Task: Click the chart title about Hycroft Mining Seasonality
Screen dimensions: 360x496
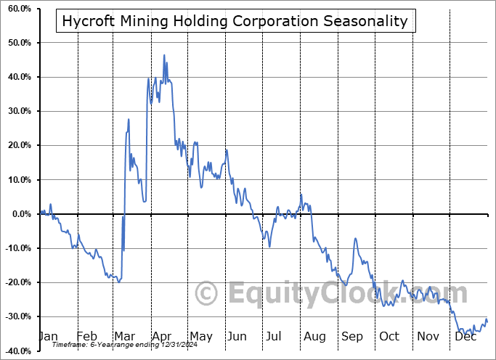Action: click(x=235, y=21)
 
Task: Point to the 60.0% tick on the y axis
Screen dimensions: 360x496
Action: click(x=17, y=9)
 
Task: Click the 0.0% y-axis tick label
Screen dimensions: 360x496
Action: click(x=20, y=214)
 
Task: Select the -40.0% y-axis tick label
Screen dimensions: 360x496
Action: click(x=17, y=351)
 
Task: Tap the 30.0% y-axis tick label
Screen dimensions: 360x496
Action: click(x=17, y=111)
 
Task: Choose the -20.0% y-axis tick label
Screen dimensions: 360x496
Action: click(x=17, y=282)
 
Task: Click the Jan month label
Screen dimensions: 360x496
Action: click(x=48, y=337)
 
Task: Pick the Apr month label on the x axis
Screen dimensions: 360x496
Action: click(x=161, y=337)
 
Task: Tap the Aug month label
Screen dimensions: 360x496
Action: click(x=314, y=337)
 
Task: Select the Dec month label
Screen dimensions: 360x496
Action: click(x=465, y=337)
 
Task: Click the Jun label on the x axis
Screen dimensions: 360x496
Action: click(x=237, y=337)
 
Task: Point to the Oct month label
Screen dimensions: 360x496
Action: click(x=389, y=337)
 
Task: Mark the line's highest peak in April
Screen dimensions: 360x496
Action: click(x=164, y=55)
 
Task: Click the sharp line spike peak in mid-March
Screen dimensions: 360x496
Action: click(x=129, y=119)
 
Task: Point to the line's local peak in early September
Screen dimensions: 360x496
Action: click(x=355, y=239)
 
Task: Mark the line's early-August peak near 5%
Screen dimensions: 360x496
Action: click(x=301, y=195)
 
